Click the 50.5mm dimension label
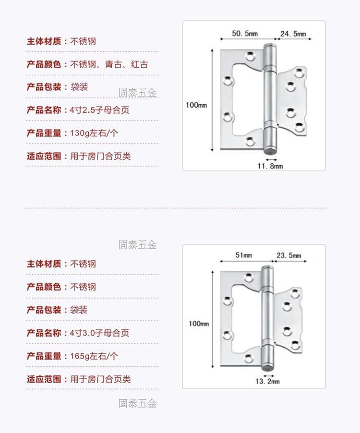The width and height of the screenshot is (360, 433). (245, 34)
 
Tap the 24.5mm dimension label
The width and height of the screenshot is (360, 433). (293, 34)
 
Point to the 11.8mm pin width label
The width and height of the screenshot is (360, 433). (270, 166)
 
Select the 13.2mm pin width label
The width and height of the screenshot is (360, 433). (267, 381)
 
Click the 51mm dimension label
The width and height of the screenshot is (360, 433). (244, 255)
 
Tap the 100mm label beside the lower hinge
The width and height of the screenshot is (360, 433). (198, 324)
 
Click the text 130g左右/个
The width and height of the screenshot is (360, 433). (94, 133)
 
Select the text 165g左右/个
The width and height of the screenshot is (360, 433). (94, 356)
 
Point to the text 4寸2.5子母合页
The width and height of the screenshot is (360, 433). (99, 110)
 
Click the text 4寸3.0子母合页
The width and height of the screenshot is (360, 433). (99, 333)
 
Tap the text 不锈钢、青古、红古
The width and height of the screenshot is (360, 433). (109, 64)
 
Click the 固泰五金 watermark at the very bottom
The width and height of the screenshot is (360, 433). (138, 403)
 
